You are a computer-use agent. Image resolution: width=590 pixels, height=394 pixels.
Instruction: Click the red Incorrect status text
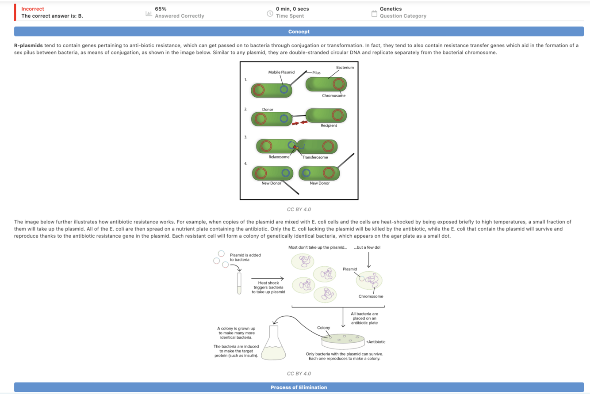[33, 9]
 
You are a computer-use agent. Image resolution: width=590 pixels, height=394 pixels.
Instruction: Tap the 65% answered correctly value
[161, 9]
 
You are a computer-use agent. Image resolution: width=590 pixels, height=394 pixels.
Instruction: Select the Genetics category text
[391, 9]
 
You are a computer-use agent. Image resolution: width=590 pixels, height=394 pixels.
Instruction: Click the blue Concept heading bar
[299, 32]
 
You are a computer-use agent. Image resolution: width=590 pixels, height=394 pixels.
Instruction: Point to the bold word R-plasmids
[28, 45]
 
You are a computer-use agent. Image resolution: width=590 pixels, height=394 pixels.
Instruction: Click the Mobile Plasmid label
[281, 72]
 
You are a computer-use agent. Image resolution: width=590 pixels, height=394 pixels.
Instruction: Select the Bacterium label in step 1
[345, 67]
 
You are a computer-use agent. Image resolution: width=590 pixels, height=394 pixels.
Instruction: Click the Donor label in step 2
[268, 109]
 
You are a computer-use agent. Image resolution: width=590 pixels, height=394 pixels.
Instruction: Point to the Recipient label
[329, 125]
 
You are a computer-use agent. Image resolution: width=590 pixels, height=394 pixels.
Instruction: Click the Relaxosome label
[279, 157]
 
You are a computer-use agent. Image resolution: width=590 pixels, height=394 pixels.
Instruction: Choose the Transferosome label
[315, 157]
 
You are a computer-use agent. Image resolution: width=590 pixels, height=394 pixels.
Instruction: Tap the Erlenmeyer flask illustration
[274, 344]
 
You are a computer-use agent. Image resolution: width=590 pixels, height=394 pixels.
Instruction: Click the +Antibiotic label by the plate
[375, 342]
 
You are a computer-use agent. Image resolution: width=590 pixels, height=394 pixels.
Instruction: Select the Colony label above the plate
[324, 328]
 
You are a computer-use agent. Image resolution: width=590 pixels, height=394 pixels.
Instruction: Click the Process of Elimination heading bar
[299, 387]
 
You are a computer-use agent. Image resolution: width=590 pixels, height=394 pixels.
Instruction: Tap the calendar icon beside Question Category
[374, 13]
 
